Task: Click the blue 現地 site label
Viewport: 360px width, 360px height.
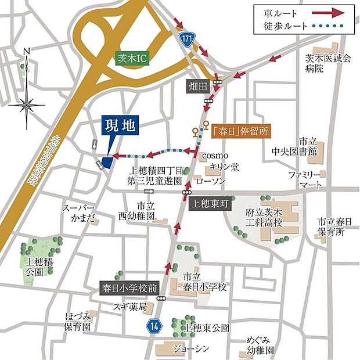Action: pos(120,125)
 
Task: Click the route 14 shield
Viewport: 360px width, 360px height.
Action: pos(153,326)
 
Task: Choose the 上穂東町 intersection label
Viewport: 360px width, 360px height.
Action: pos(210,204)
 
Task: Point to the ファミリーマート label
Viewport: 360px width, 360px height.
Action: pos(307,179)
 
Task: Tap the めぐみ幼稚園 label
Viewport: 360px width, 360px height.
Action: pos(260,345)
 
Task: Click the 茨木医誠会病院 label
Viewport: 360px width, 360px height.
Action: pos(329,62)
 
